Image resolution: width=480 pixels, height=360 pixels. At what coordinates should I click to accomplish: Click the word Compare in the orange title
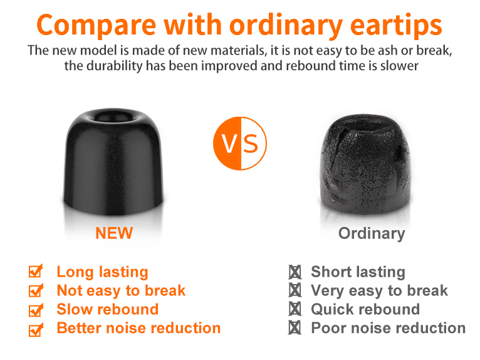click(x=96, y=26)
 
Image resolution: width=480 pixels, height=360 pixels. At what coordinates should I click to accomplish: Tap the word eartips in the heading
click(x=396, y=26)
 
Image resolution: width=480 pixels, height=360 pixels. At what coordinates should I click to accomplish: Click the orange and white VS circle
click(x=240, y=144)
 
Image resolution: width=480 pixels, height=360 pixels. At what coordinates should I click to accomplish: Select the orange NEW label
click(x=114, y=233)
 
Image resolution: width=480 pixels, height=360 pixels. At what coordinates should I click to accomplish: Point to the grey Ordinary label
click(x=372, y=234)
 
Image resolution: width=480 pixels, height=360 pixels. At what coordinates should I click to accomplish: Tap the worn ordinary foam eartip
click(x=365, y=164)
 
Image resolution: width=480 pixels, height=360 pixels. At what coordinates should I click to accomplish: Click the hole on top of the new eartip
click(x=113, y=117)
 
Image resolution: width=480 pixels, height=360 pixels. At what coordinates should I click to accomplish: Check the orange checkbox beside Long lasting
click(x=36, y=271)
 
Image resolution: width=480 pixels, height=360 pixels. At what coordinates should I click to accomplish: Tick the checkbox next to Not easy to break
click(x=36, y=290)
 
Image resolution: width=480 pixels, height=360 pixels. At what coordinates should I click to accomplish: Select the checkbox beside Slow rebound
click(x=36, y=310)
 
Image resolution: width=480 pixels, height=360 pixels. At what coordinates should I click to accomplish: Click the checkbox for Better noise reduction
click(x=36, y=329)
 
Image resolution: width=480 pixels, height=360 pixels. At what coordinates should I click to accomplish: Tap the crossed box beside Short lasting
click(x=295, y=272)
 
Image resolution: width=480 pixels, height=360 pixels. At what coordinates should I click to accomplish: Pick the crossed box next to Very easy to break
click(x=295, y=290)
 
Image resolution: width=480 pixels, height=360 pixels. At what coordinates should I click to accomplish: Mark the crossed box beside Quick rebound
click(x=295, y=309)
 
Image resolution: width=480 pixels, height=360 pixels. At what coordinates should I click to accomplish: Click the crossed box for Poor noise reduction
click(x=295, y=327)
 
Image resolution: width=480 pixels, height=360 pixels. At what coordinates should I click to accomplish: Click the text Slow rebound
click(x=107, y=309)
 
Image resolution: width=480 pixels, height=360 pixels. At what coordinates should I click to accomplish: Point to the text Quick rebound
click(x=365, y=309)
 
